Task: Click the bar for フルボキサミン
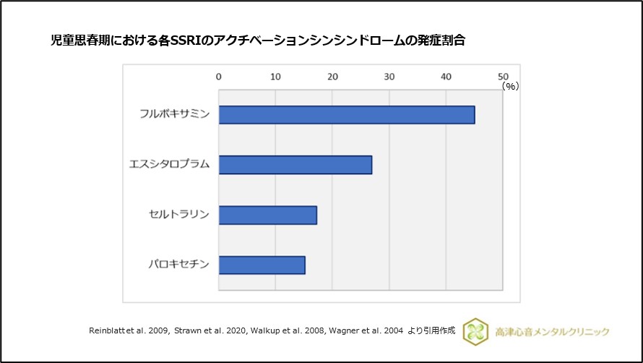[346, 115]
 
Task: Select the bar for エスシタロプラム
[295, 165]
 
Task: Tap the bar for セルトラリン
[267, 215]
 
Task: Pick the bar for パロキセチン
[262, 265]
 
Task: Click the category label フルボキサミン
[175, 114]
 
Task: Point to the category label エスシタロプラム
[169, 164]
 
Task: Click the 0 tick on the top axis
[219, 76]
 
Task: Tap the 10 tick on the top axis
[275, 76]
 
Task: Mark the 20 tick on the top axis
[332, 76]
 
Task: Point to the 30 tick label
[389, 76]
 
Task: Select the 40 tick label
[446, 76]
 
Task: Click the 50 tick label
[503, 76]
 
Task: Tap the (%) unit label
[511, 86]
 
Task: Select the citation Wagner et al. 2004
[365, 330]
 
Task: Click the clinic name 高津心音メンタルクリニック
[553, 331]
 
